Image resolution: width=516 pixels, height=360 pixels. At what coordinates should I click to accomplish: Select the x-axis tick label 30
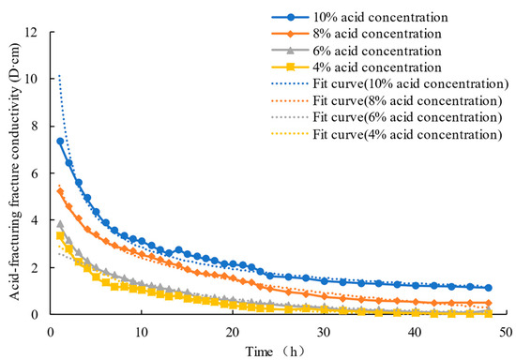pos(322,332)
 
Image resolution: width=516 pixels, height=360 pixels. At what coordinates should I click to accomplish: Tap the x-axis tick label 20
pos(231,332)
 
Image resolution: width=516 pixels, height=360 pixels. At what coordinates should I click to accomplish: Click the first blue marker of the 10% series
pos(60,141)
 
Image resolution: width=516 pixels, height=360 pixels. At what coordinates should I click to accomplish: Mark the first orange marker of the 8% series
pos(60,191)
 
